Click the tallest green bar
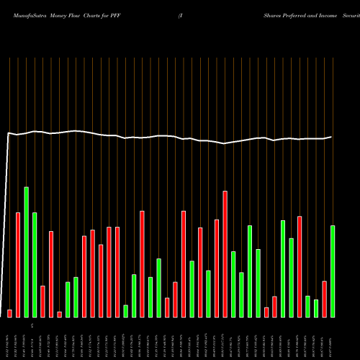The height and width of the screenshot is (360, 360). click(x=26, y=252)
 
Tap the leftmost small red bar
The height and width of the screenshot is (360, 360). click(x=9, y=313)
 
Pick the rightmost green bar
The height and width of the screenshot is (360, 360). click(x=333, y=271)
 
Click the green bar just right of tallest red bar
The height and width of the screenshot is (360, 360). click(x=233, y=284)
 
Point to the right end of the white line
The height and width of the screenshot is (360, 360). click(x=332, y=137)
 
